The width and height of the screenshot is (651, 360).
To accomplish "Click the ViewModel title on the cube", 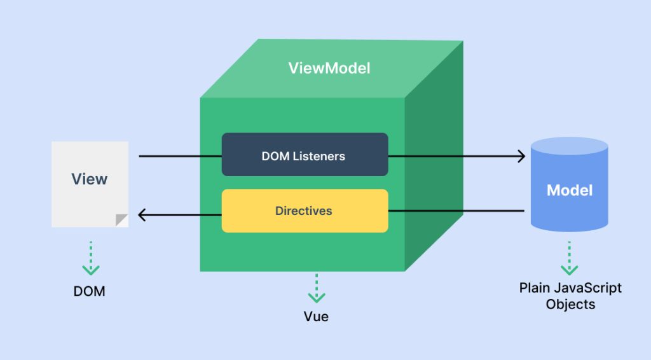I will coord(329,68).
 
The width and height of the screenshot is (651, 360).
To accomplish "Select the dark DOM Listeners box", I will coord(305,155).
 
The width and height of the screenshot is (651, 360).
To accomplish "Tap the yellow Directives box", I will coord(305,211).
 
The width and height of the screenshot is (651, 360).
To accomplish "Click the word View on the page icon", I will coord(89,179).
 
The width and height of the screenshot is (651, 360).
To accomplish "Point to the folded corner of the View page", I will coord(121,220).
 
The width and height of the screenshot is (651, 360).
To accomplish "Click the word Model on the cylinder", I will coord(570,190).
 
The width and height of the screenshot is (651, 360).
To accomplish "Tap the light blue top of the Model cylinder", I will coord(570,148).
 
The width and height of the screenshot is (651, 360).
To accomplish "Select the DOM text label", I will coord(89,292).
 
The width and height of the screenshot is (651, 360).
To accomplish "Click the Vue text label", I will coord(316,316).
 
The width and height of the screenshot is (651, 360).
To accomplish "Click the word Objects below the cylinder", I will coord(570,304).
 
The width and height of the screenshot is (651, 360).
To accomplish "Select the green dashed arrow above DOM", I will coord(91,258).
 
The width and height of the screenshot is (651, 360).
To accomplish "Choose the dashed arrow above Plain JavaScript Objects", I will coord(570,258).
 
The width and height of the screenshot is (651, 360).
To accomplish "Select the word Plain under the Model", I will coord(534,288).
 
